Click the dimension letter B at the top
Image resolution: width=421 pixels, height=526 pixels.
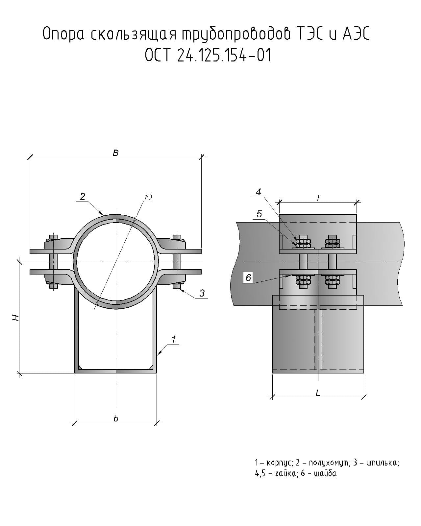point(115,153)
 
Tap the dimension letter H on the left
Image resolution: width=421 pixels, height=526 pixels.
point(15,318)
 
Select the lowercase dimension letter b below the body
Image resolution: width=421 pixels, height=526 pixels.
point(116,418)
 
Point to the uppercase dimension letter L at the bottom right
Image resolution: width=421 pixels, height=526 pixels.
point(318,393)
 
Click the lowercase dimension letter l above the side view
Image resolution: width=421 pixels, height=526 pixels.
point(318,198)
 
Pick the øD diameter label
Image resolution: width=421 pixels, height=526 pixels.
point(148,197)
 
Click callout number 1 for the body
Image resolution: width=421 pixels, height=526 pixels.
point(173,339)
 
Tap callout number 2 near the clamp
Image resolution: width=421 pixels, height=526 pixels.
point(83,196)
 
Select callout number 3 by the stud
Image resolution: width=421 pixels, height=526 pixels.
point(202,293)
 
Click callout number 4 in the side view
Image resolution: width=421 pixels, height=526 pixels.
point(259,192)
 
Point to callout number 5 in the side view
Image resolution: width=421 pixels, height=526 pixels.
point(259,214)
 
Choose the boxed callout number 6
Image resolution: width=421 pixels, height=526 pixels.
point(248,278)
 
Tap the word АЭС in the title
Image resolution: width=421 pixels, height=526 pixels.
point(356,34)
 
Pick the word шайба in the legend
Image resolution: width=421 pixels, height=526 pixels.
point(325,474)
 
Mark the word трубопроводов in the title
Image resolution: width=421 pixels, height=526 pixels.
point(236,34)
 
